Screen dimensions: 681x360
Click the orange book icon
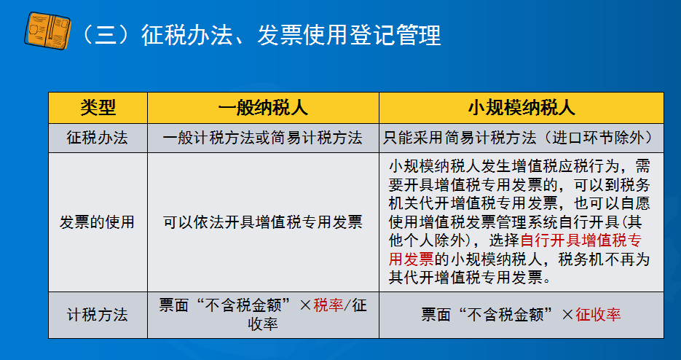pyautogui.click(x=47, y=31)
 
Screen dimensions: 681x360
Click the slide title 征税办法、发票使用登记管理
pyautogui.click(x=291, y=35)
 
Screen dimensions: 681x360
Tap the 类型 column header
pyautogui.click(x=98, y=108)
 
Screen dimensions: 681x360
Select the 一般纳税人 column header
pyautogui.click(x=263, y=108)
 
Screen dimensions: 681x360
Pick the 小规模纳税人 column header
pyautogui.click(x=521, y=108)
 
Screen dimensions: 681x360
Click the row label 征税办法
pyautogui.click(x=98, y=138)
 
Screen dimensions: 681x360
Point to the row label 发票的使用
pyautogui.click(x=97, y=222)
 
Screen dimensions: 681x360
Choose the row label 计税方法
pyautogui.click(x=98, y=315)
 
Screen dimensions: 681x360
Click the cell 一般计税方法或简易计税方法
pyautogui.click(x=263, y=138)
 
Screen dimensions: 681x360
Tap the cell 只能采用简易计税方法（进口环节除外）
pyautogui.click(x=520, y=138)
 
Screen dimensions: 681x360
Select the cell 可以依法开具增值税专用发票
pyautogui.click(x=263, y=222)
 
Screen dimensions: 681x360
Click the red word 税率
pyautogui.click(x=328, y=305)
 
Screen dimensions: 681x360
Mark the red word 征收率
pyautogui.click(x=599, y=314)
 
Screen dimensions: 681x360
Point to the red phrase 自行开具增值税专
pyautogui.click(x=581, y=240)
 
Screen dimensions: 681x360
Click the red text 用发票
pyautogui.click(x=412, y=259)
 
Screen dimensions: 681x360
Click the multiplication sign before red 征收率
pyautogui.click(x=567, y=315)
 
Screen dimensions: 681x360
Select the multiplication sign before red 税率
pyautogui.click(x=305, y=305)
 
